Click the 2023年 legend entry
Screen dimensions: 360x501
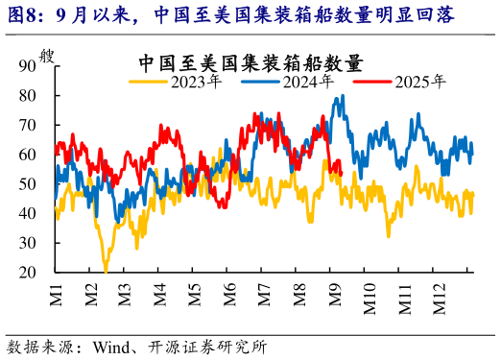tap(197, 82)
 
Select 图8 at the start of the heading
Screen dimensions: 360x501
tap(24, 15)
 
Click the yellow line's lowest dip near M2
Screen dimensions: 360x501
tap(106, 270)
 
